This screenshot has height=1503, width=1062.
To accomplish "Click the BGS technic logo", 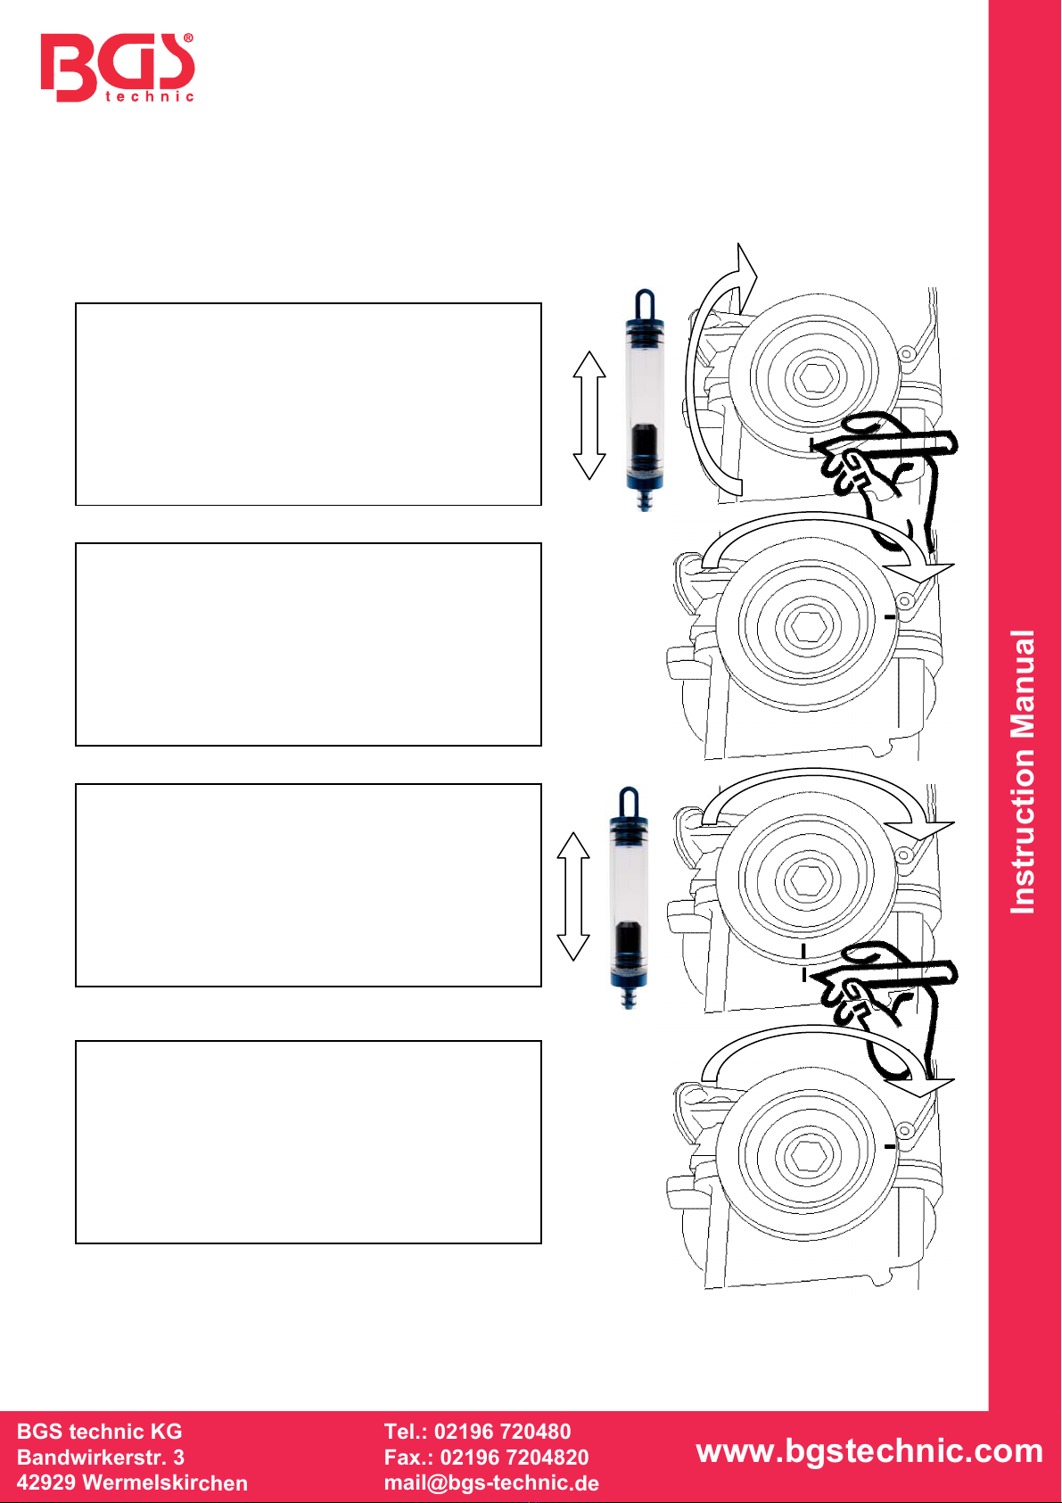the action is click(118, 68).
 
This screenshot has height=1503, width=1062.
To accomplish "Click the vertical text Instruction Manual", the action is click(1023, 772).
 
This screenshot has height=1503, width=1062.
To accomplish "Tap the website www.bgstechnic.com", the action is click(869, 1450).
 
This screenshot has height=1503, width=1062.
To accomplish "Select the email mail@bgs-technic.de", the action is click(491, 1482).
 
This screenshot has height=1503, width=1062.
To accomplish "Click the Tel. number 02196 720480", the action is click(503, 1432).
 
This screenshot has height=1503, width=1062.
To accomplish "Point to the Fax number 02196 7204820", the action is click(514, 1457).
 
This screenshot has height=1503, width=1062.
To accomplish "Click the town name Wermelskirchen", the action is click(165, 1482).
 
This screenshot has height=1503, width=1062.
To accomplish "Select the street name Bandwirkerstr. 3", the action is click(101, 1457).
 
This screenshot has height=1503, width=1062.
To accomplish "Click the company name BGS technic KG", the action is click(99, 1432).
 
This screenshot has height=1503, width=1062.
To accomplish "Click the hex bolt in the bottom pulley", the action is click(808, 1155).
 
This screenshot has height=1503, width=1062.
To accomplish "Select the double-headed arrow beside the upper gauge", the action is click(589, 416).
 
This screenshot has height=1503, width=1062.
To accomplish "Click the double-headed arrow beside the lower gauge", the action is click(573, 896).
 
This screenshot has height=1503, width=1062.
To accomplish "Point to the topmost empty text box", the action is click(308, 404).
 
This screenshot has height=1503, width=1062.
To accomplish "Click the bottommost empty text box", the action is click(308, 1142).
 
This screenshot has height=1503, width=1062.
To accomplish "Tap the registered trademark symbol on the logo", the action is click(188, 39).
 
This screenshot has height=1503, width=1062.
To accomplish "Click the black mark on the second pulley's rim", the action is click(890, 616).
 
